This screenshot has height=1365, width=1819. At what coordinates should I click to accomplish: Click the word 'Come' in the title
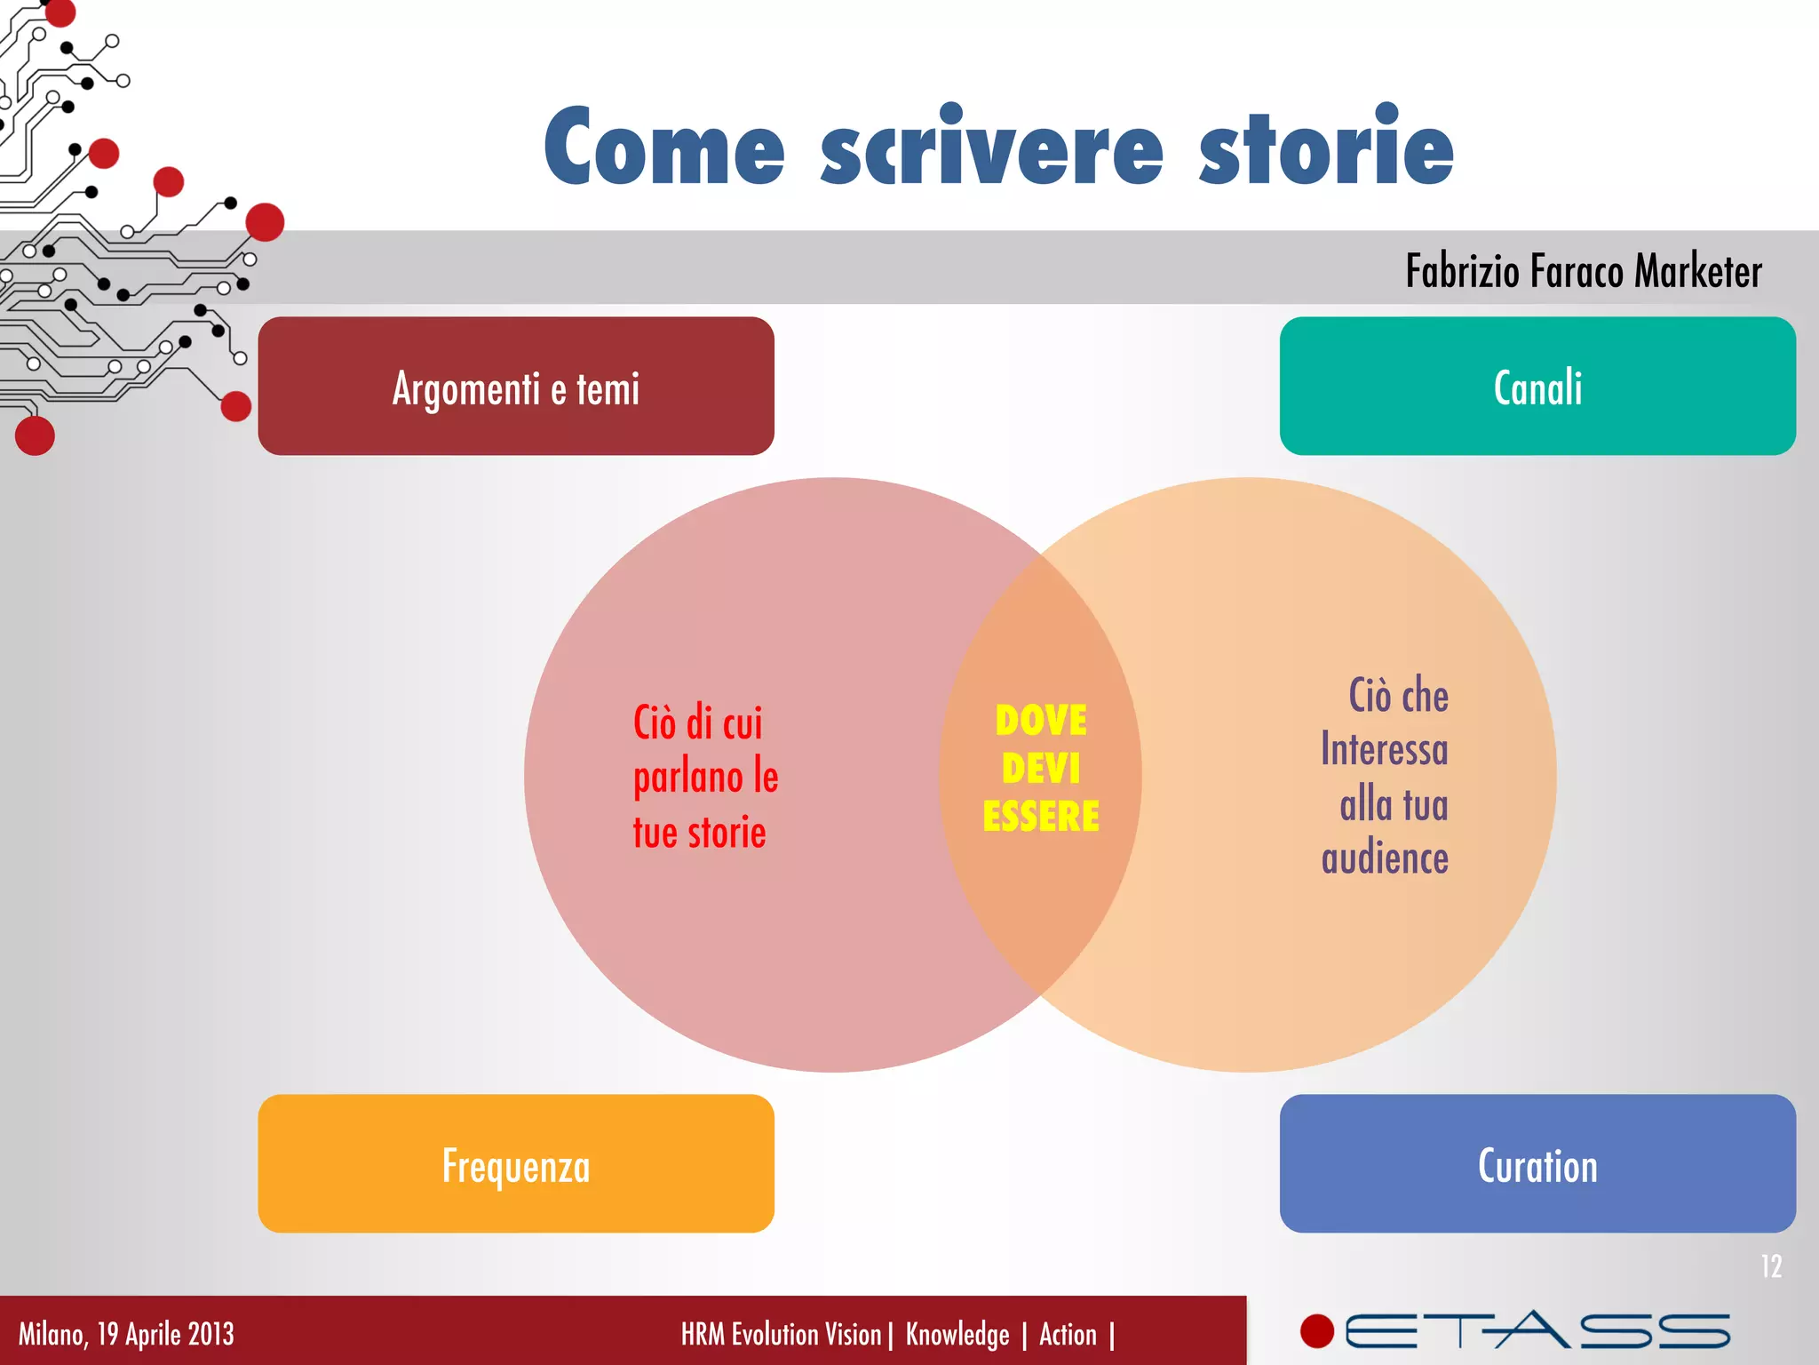point(664,147)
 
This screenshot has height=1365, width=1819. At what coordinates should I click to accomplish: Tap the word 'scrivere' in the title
point(991,147)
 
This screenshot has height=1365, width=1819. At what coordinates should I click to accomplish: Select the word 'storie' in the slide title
point(1326,147)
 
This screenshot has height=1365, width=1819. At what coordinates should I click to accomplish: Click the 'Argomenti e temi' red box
point(515,387)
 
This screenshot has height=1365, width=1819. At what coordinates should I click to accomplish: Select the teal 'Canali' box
point(1537,387)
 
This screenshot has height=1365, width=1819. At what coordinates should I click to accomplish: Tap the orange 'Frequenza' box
point(515,1164)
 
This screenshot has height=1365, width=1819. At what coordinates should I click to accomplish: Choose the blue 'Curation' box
point(1537,1164)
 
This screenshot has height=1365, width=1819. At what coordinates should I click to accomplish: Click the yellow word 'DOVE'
point(1041,721)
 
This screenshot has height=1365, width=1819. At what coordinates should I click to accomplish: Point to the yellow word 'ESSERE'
point(1041,816)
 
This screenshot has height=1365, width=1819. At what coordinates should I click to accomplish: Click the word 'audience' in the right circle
point(1385,859)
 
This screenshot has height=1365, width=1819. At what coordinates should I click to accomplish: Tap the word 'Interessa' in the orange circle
point(1384,749)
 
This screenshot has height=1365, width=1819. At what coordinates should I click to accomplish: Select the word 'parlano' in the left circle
point(687,778)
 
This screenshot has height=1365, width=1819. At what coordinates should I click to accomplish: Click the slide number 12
point(1771,1266)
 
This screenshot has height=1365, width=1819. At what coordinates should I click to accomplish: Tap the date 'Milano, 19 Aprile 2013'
point(126,1334)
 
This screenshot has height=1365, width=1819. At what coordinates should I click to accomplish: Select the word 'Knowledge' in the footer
point(957,1335)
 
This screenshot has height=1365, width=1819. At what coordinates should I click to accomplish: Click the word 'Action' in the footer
point(1068,1335)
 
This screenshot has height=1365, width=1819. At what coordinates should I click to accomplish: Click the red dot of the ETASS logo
point(1317,1331)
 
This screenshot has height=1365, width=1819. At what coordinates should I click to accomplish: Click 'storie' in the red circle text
point(727,834)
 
